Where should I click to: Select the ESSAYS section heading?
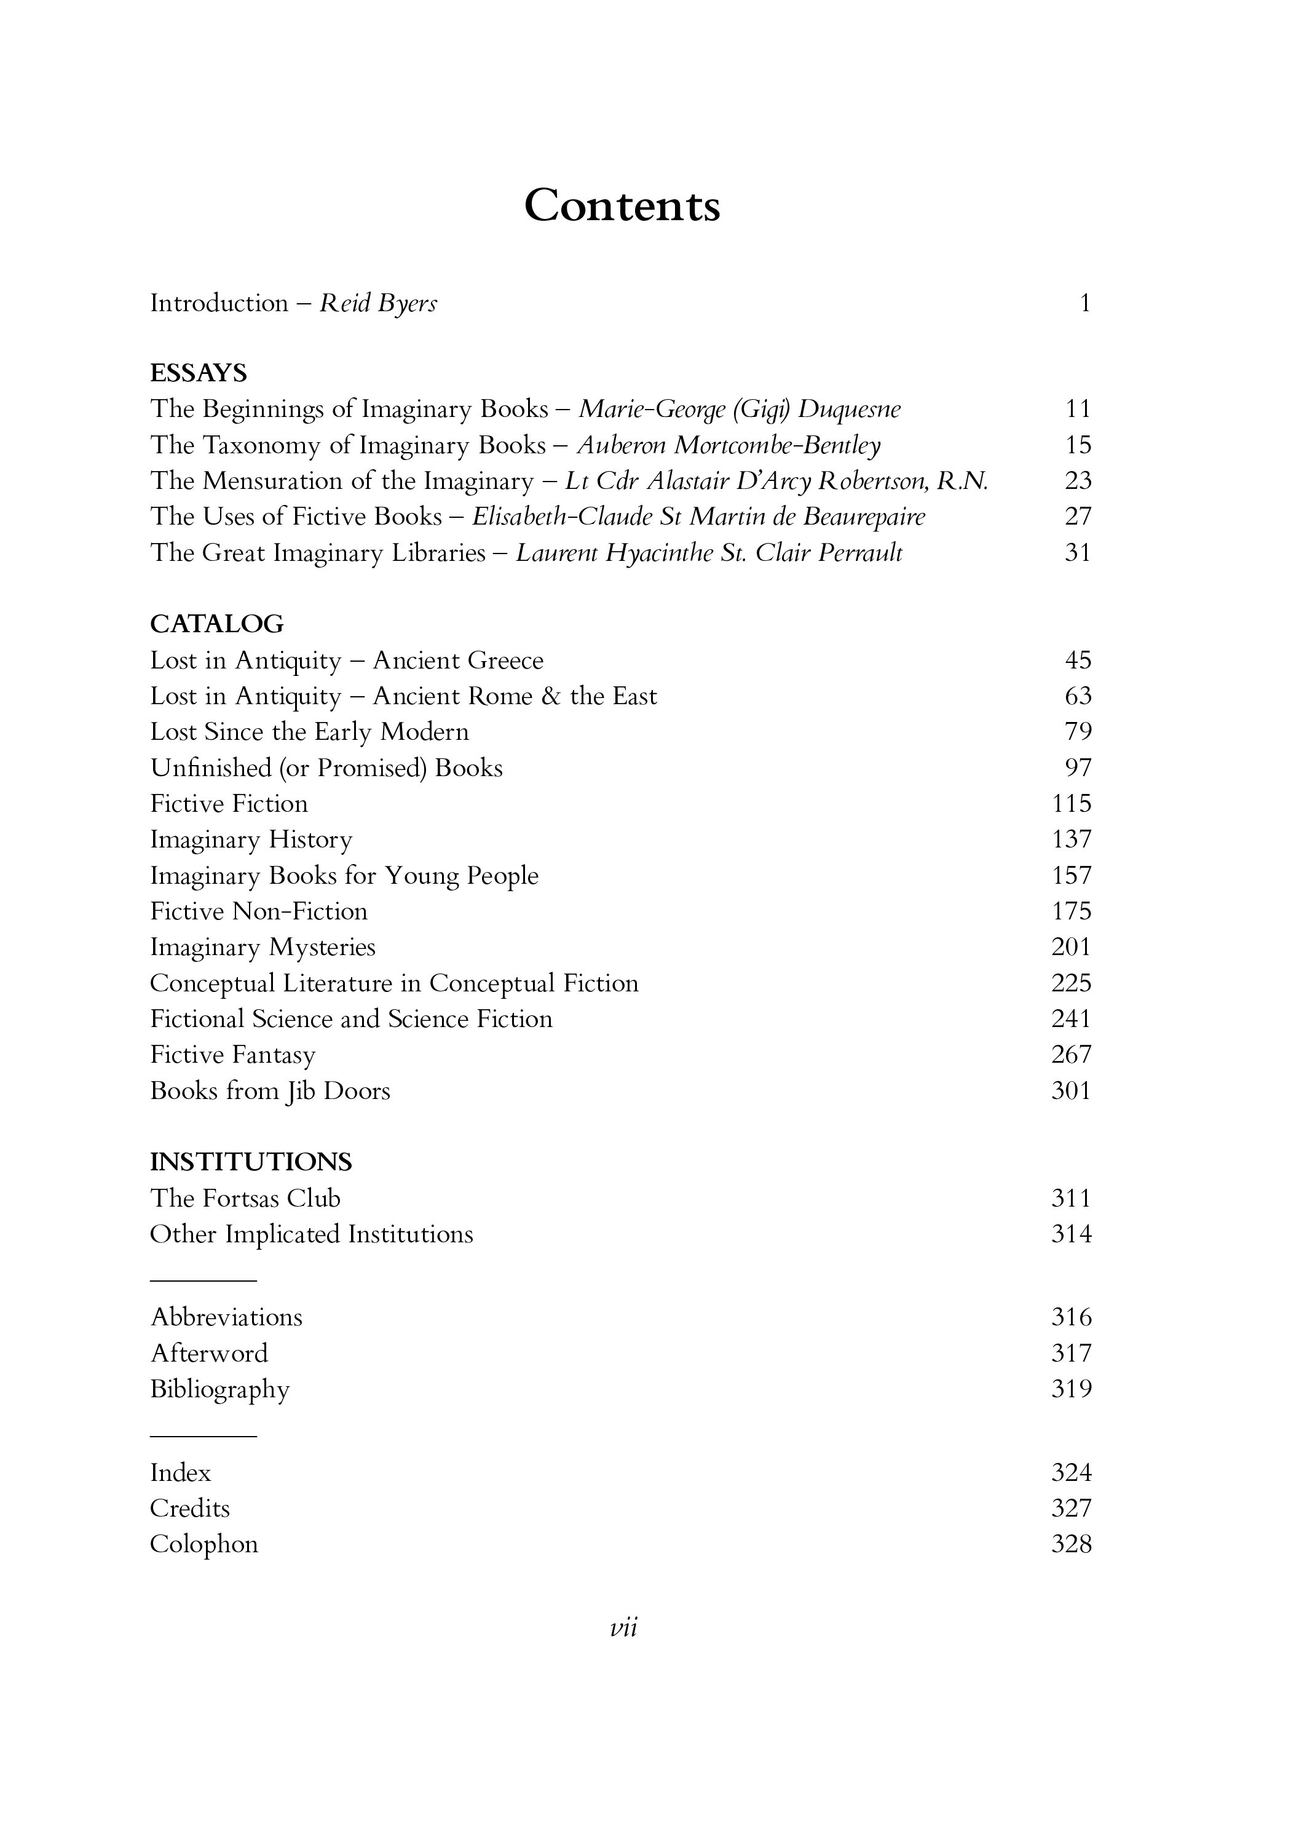(199, 373)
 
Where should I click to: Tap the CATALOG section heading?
(217, 624)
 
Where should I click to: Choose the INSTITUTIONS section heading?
(251, 1162)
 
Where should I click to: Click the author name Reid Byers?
(378, 304)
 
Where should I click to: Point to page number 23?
(1077, 480)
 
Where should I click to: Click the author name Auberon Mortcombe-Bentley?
(728, 445)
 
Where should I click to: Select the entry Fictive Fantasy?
(233, 1055)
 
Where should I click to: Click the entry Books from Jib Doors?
(270, 1091)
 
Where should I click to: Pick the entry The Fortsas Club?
(245, 1198)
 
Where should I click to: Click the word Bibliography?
(219, 1389)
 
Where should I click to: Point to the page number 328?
(1071, 1544)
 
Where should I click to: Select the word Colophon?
(204, 1544)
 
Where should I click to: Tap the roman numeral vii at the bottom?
(623, 1628)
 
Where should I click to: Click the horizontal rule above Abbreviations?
(203, 1280)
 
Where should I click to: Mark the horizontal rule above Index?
(203, 1436)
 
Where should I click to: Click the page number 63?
(1077, 696)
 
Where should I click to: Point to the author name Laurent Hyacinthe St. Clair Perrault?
(709, 553)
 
